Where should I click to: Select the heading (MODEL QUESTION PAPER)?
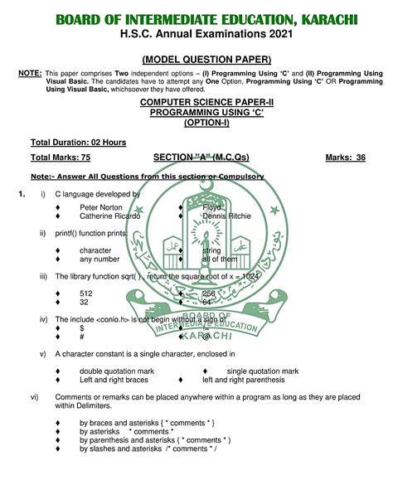[206, 60]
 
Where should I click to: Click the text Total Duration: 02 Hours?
[78, 143]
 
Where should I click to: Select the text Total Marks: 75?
[61, 157]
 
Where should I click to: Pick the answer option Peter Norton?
[101, 207]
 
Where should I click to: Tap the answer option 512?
[86, 293]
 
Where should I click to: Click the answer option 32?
[85, 303]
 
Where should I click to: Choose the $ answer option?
[82, 328]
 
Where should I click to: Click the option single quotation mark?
[262, 371]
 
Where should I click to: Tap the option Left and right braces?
[114, 380]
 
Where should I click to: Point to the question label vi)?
[35, 397]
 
